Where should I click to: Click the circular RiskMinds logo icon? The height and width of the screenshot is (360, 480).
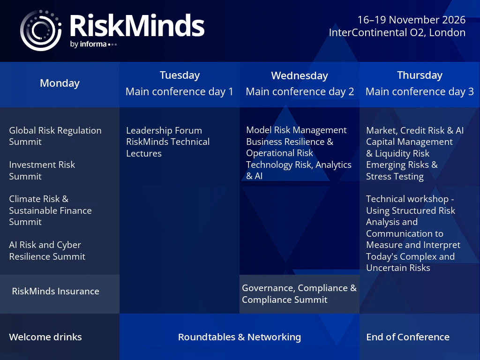(x=40, y=30)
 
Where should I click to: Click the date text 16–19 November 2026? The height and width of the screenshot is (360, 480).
(x=412, y=20)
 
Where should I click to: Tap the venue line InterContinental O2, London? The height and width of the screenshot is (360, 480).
(x=397, y=32)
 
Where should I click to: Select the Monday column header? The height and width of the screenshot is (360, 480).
(x=60, y=83)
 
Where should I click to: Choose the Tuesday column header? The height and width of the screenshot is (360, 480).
(x=180, y=75)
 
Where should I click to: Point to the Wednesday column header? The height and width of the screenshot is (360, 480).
(x=300, y=75)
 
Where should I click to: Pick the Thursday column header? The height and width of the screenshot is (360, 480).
(x=420, y=75)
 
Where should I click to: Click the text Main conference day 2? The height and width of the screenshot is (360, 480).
(x=300, y=91)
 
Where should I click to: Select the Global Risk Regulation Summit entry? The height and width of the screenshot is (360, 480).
(x=55, y=136)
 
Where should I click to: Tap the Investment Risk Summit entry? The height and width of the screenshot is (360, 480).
(x=42, y=171)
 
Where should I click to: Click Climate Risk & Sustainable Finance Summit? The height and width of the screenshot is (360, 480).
(x=50, y=210)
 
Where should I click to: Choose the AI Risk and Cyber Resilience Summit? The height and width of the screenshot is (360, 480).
(x=47, y=251)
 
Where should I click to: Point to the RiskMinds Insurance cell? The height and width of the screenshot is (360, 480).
(x=55, y=291)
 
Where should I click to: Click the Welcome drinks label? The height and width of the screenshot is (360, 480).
(x=45, y=337)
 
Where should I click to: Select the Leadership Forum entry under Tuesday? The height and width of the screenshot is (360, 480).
(x=164, y=130)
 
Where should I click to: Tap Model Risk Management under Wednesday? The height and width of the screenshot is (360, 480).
(x=296, y=130)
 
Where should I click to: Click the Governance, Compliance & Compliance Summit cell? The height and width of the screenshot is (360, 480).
(x=299, y=294)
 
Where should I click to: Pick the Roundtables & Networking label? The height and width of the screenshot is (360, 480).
(x=240, y=337)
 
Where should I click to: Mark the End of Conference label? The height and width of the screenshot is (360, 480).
(x=408, y=337)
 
